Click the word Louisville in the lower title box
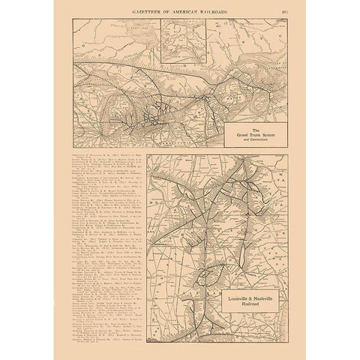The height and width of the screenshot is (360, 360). coord(233,300)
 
